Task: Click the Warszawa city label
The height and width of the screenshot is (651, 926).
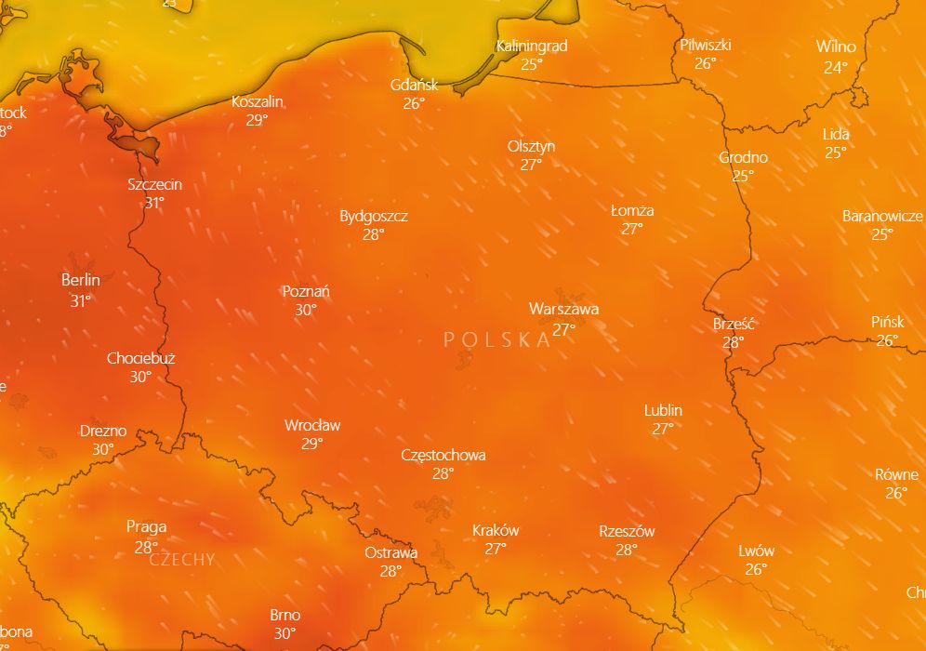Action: click(563, 309)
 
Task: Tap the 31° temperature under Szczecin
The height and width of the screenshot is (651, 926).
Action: click(154, 203)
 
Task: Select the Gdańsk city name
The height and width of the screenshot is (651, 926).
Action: click(414, 86)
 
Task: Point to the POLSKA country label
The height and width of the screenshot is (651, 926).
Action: click(497, 339)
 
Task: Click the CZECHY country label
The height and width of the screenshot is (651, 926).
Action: click(181, 560)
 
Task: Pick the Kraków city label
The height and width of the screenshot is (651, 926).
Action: click(496, 530)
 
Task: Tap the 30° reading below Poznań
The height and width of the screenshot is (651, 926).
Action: click(306, 310)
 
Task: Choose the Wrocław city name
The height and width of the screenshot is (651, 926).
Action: click(312, 425)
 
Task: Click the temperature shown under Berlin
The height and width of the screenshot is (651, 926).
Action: click(81, 300)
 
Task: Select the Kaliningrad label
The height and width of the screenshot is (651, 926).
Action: click(532, 46)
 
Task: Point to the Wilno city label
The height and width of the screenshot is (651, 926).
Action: click(836, 46)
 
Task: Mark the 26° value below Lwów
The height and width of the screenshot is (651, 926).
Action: click(756, 569)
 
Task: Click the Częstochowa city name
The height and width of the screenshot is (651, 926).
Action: click(443, 455)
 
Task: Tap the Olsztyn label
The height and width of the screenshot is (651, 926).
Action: click(531, 146)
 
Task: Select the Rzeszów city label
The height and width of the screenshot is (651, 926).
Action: click(627, 531)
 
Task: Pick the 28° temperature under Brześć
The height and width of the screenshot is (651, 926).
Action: click(734, 342)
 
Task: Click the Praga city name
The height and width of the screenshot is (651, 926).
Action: click(146, 527)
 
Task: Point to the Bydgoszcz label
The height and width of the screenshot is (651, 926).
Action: click(374, 216)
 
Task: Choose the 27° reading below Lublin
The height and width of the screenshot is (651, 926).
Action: click(663, 429)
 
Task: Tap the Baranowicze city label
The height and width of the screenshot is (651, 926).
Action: click(882, 216)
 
